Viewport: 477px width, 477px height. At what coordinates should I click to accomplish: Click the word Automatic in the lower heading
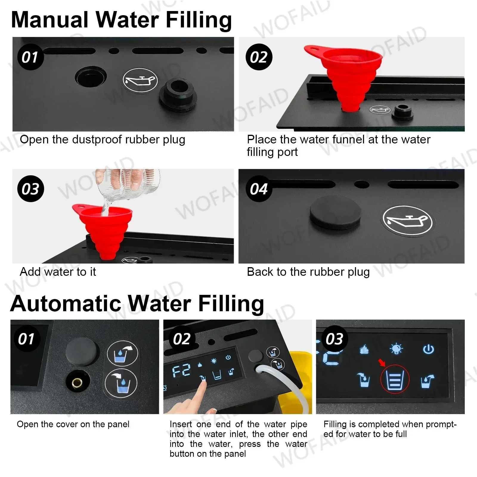click(x=65, y=303)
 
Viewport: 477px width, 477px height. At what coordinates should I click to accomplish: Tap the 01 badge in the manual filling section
click(x=30, y=57)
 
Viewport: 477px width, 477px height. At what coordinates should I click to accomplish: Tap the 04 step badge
click(x=258, y=189)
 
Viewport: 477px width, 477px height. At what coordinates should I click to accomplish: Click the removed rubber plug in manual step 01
click(x=178, y=94)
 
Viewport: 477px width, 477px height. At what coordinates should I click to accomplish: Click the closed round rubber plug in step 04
click(x=335, y=212)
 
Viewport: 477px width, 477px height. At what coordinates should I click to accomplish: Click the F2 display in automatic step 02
click(x=181, y=371)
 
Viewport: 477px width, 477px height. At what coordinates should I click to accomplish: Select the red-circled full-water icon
click(x=395, y=380)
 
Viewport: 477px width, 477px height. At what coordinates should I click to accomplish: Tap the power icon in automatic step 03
click(x=428, y=349)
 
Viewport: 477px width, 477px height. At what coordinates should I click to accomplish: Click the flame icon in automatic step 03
click(x=364, y=349)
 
